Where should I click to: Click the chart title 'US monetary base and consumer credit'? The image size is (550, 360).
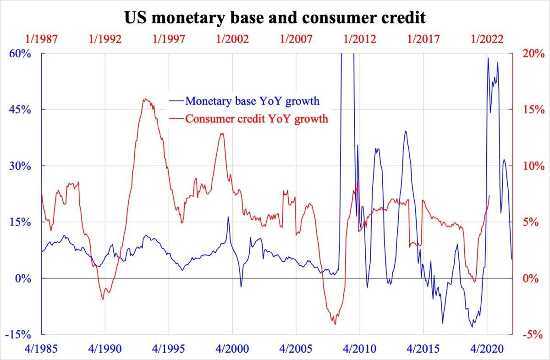[275, 17]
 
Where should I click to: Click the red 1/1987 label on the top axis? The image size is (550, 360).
[42, 39]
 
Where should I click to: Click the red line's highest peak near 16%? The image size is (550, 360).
[145, 99]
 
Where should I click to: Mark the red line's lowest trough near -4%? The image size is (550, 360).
[335, 324]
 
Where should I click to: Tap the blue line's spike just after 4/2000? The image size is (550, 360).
[228, 217]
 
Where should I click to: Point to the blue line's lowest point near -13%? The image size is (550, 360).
[472, 327]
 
